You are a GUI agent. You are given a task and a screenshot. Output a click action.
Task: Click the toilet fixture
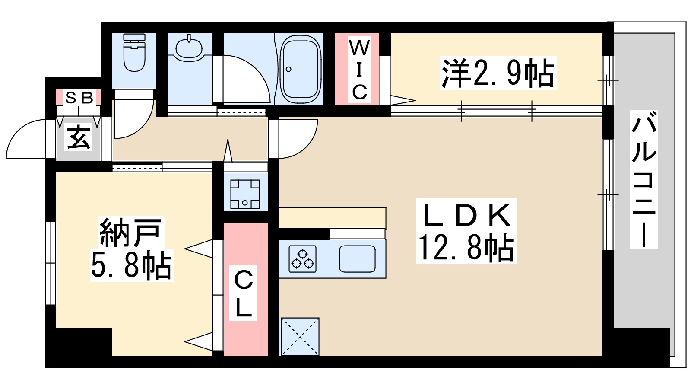coord(134,54)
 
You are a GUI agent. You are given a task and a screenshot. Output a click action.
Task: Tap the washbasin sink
coord(189,48)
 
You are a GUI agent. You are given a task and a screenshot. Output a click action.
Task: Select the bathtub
coord(301,69)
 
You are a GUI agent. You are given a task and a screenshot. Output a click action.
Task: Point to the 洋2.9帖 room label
coord(498,73)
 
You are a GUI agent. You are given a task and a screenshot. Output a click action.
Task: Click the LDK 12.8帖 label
coord(466,231)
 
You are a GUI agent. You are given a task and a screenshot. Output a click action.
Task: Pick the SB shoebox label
coord(79,98)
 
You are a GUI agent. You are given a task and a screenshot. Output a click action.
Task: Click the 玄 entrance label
coord(79,137)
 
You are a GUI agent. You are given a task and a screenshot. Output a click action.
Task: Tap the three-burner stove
coord(302,258)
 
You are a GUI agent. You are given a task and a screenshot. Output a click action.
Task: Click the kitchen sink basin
coord(357,258)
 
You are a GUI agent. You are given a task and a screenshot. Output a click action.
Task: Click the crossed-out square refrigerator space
coord(300,337)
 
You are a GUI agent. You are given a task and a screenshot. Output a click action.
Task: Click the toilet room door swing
coord(132,119)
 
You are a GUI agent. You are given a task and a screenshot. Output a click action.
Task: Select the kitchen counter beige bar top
coord(332,217)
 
